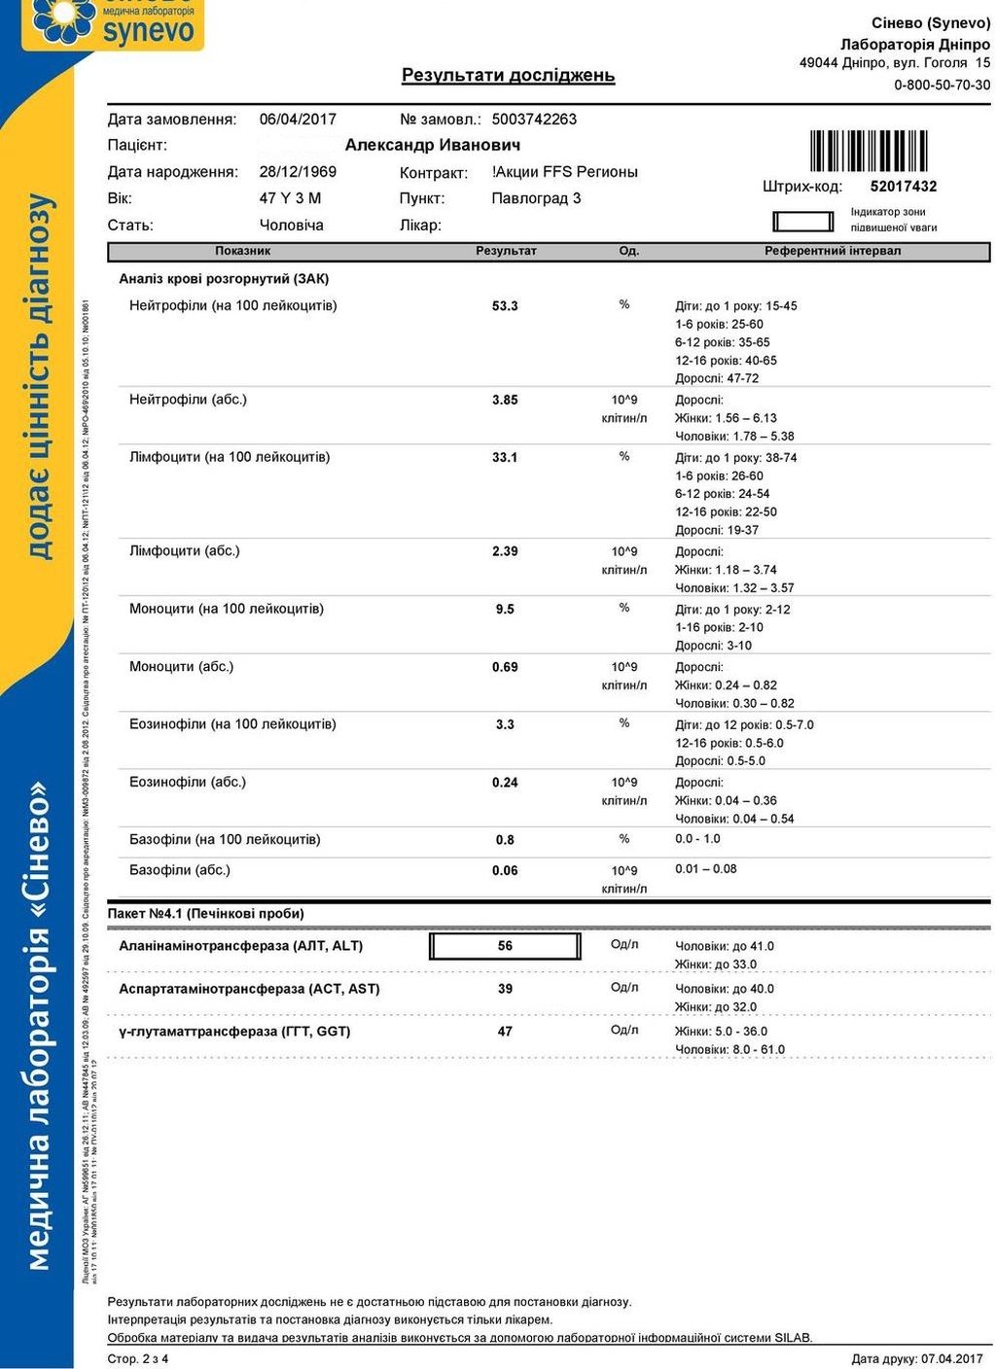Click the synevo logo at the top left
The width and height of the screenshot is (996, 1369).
pyautogui.click(x=112, y=23)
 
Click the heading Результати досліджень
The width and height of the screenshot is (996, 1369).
pyautogui.click(x=508, y=75)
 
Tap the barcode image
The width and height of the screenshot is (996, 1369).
pyautogui.click(x=868, y=151)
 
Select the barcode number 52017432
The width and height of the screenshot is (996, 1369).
pyautogui.click(x=903, y=187)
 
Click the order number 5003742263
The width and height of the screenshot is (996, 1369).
pyautogui.click(x=534, y=120)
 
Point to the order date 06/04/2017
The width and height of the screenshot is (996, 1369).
pyautogui.click(x=298, y=120)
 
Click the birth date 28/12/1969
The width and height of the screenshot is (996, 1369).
pyautogui.click(x=298, y=172)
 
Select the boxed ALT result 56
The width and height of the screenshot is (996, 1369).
pyautogui.click(x=505, y=946)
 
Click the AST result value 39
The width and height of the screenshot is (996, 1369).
pyautogui.click(x=505, y=989)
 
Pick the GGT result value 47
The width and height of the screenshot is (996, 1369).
pyautogui.click(x=505, y=1032)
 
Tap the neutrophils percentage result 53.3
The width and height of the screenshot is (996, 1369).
pyautogui.click(x=505, y=306)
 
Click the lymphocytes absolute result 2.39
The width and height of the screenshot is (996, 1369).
pyautogui.click(x=505, y=551)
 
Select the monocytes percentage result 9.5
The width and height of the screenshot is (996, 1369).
pyautogui.click(x=505, y=610)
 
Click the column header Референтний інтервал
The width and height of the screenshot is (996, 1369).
pyautogui.click(x=833, y=251)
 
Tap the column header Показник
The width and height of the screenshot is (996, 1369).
pyautogui.click(x=242, y=251)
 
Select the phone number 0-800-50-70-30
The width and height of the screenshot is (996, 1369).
pyautogui.click(x=942, y=85)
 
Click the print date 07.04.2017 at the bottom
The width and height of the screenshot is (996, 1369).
pyautogui.click(x=950, y=1358)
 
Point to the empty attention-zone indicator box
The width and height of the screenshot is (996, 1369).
pyautogui.click(x=803, y=222)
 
